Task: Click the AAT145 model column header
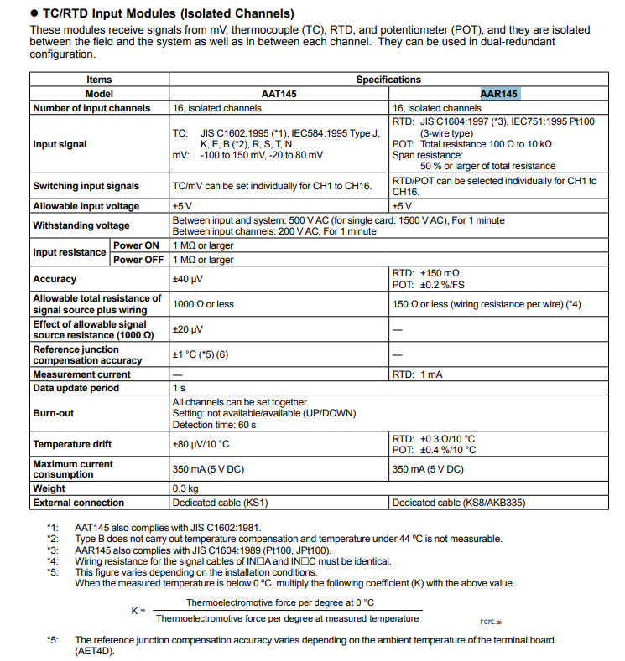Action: point(279,94)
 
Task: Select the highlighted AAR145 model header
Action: point(499,94)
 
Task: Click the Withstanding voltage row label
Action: point(81,225)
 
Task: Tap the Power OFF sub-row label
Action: point(138,260)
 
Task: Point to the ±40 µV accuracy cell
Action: point(190,279)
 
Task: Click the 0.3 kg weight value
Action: point(185,488)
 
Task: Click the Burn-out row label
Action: point(54,413)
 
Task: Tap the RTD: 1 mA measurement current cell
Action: point(420,374)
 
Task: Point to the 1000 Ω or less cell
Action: point(203,304)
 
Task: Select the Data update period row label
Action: point(76,388)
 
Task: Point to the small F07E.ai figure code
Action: point(490,622)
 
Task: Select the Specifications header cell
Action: point(388,80)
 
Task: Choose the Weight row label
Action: point(49,488)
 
